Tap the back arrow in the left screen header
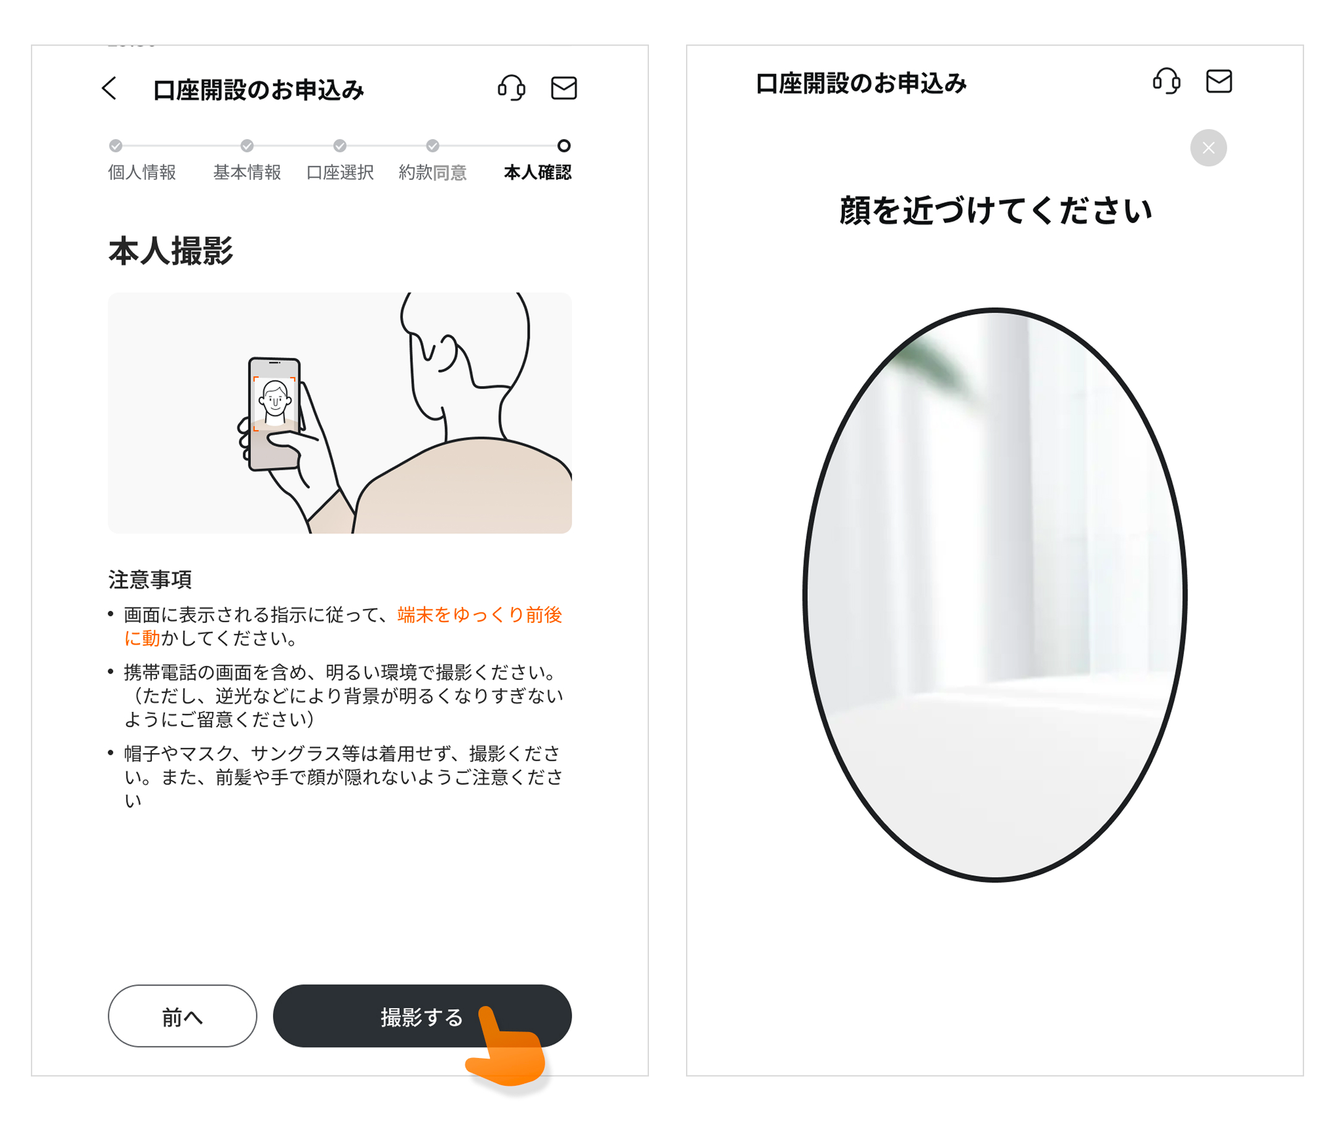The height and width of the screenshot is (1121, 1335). tap(109, 88)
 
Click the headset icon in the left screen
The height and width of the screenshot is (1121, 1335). tap(511, 88)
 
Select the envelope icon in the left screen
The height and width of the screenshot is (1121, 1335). tap(564, 88)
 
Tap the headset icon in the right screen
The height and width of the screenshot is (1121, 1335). tap(1166, 81)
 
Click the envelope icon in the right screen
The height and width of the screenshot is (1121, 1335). tap(1219, 81)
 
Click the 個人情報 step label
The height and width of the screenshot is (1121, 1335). tap(142, 172)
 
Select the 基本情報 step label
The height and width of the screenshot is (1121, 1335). tap(247, 172)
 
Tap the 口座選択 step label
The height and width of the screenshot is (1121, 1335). tap(340, 172)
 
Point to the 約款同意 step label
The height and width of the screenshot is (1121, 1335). tap(433, 172)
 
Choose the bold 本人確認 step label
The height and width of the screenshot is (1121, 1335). tap(537, 172)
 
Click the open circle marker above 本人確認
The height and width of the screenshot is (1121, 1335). tap(564, 145)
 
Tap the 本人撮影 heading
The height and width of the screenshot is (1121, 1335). tap(171, 250)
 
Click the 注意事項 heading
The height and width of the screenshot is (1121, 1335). tap(150, 579)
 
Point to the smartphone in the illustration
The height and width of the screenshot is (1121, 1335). tap(274, 413)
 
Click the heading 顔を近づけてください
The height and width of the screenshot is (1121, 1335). tap(996, 210)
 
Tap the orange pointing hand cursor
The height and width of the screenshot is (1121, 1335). tap(507, 1046)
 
